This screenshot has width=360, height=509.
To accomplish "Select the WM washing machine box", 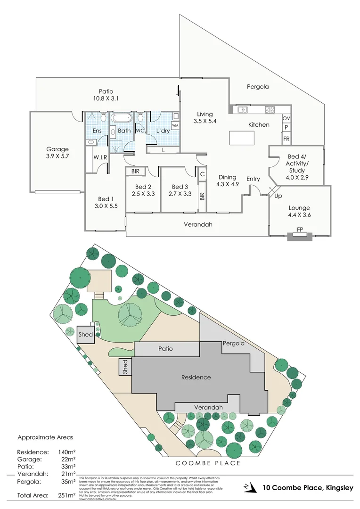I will click(175, 125).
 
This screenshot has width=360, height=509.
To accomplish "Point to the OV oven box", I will click(286, 118).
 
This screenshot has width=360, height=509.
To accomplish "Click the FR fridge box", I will click(286, 139).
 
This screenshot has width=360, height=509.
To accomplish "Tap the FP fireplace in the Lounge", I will click(300, 230).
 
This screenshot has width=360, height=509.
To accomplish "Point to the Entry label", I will click(253, 179).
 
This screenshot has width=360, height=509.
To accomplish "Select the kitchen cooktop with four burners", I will click(270, 110).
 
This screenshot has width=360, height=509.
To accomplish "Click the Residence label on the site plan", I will click(196, 377).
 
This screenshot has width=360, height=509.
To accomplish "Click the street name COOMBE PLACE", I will click(208, 463).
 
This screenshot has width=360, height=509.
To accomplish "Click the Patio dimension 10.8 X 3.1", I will click(106, 99).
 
